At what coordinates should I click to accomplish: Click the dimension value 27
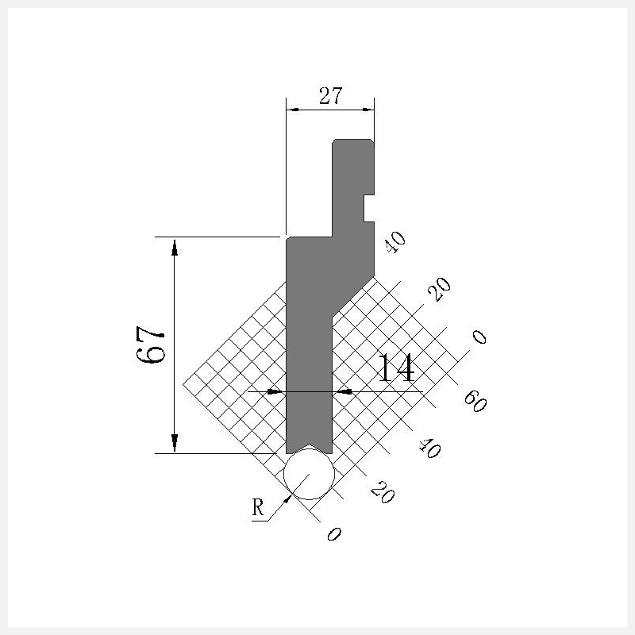(330, 96)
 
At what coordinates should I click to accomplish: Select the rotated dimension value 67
(150, 344)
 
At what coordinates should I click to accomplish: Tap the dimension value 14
(396, 368)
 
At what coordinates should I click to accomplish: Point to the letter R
(258, 507)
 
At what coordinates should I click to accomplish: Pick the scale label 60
(475, 402)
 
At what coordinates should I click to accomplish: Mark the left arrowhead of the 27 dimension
(292, 110)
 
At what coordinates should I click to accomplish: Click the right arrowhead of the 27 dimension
(368, 110)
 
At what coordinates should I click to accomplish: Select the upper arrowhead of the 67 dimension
(175, 248)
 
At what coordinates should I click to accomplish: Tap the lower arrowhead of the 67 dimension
(175, 443)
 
